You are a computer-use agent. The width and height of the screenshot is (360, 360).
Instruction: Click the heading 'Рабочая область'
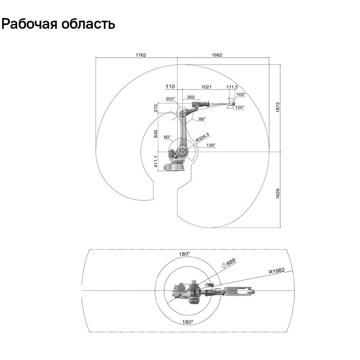point(58,24)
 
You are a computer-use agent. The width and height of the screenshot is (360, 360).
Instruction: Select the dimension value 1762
point(141,55)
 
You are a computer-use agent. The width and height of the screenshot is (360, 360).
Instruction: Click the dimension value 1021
point(206,86)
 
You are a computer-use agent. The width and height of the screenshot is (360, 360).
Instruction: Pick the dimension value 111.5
point(232,86)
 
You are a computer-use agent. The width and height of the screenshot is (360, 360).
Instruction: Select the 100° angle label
point(241,94)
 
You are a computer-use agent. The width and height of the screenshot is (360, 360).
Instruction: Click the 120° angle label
point(239,108)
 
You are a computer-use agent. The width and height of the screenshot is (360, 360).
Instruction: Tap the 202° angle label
point(170,99)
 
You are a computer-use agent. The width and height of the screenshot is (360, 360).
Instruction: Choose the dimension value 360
point(190,97)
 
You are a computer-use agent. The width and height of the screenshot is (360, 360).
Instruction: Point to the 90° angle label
point(167,137)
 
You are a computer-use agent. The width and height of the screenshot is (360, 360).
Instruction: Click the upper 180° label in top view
point(185,254)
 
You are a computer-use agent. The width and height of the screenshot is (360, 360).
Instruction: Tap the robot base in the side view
point(175,166)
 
